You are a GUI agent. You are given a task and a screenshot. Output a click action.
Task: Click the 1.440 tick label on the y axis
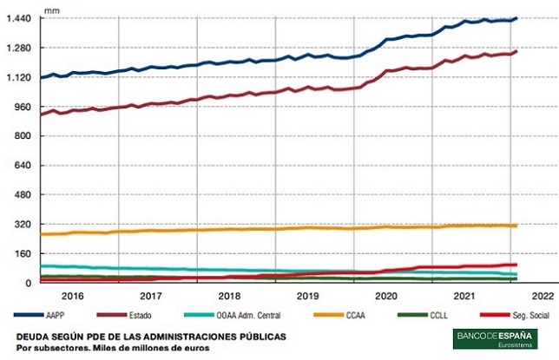tap(18, 18)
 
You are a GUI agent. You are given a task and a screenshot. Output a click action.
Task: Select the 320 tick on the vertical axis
tap(23, 224)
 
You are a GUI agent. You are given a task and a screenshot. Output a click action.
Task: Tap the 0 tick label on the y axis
tap(28, 283)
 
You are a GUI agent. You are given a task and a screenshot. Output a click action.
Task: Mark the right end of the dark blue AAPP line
tap(516, 18)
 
